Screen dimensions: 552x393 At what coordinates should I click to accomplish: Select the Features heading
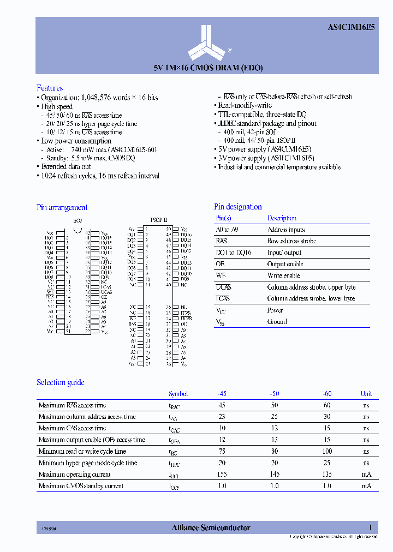50,88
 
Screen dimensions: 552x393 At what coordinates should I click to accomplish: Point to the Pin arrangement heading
62,207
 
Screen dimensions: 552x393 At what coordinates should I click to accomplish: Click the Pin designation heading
237,207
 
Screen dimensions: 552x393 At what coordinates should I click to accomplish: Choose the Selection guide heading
60,382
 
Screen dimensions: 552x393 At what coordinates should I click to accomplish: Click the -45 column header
222,394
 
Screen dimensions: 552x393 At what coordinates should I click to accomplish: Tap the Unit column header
366,394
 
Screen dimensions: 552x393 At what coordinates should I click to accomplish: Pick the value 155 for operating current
222,475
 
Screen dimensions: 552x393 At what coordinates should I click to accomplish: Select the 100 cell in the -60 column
326,451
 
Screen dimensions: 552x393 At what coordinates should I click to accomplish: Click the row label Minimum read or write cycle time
82,451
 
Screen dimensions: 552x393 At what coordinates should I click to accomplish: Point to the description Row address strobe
291,241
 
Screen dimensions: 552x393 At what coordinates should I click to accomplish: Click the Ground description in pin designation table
277,322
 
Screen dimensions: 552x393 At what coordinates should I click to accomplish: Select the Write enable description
283,275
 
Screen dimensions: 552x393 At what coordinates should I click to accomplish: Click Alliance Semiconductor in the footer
211,527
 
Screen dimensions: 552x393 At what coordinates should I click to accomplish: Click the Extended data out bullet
65,167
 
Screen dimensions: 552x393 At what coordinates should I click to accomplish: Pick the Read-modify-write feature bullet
245,105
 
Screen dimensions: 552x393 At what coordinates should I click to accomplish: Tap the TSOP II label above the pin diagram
159,220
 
